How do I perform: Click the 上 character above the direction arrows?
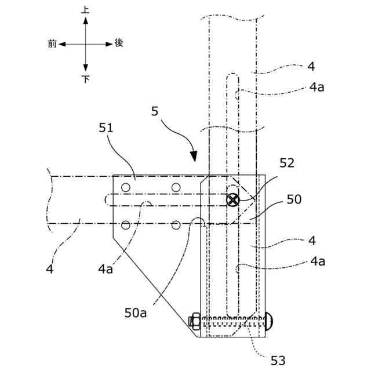point(86,10)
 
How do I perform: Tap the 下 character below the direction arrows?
point(86,79)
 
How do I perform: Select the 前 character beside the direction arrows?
point(52,43)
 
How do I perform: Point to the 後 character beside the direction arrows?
point(119,43)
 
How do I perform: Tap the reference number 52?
point(287,164)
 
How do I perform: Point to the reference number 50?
point(294,200)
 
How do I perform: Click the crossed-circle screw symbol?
point(232,200)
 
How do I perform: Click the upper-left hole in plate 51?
point(125,187)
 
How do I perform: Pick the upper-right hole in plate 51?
point(176,187)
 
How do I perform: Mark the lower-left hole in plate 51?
point(125,225)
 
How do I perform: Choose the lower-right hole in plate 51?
point(176,225)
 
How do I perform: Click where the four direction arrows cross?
point(86,43)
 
